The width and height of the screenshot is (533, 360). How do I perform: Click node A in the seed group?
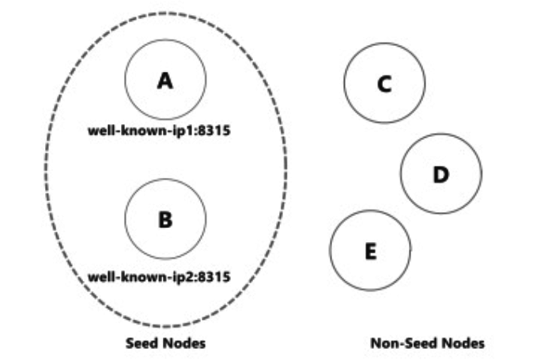[x=165, y=79]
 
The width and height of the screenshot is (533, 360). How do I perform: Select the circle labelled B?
[x=165, y=218]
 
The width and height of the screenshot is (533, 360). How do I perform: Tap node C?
[x=384, y=83]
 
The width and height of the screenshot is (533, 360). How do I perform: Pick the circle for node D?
[x=440, y=173]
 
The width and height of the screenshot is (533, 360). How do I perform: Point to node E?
[x=370, y=252]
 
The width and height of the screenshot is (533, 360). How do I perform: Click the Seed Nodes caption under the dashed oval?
[x=165, y=343]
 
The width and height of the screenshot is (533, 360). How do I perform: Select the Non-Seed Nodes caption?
[x=427, y=343]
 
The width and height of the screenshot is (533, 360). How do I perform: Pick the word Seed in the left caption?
[x=143, y=343]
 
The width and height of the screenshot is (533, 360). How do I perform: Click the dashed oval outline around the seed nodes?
[x=286, y=169]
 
